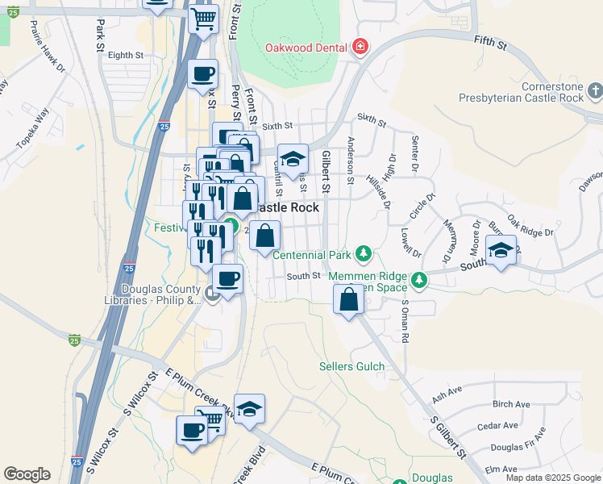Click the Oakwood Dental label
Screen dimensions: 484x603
[307, 47]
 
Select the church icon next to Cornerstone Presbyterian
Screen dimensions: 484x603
[595, 89]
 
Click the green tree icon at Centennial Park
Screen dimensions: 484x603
[364, 255]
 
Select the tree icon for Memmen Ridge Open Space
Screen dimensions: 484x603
[418, 280]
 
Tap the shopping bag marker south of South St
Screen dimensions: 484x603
[348, 298]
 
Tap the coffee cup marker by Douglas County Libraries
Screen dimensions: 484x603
[227, 278]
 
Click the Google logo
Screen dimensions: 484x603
[27, 474]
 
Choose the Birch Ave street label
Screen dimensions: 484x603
[511, 404]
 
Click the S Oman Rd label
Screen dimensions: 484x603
[405, 323]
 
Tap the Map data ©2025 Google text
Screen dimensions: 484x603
[552, 478]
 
